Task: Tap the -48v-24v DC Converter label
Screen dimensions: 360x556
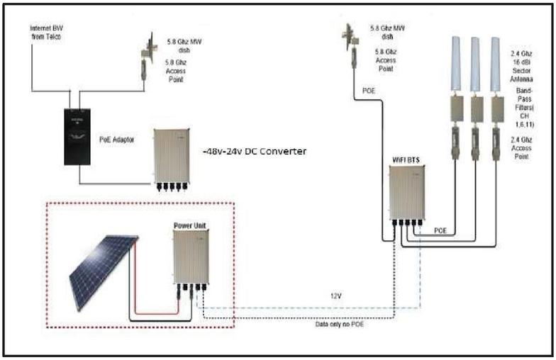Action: tap(255, 150)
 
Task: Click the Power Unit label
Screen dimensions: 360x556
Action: tap(189, 225)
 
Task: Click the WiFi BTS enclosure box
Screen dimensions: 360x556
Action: tap(406, 193)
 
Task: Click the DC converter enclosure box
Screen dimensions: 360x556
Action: tap(169, 157)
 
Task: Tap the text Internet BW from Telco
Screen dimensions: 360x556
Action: tap(45, 32)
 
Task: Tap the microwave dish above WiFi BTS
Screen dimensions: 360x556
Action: tap(348, 35)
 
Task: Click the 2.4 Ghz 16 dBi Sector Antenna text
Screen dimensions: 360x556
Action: tap(525, 67)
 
